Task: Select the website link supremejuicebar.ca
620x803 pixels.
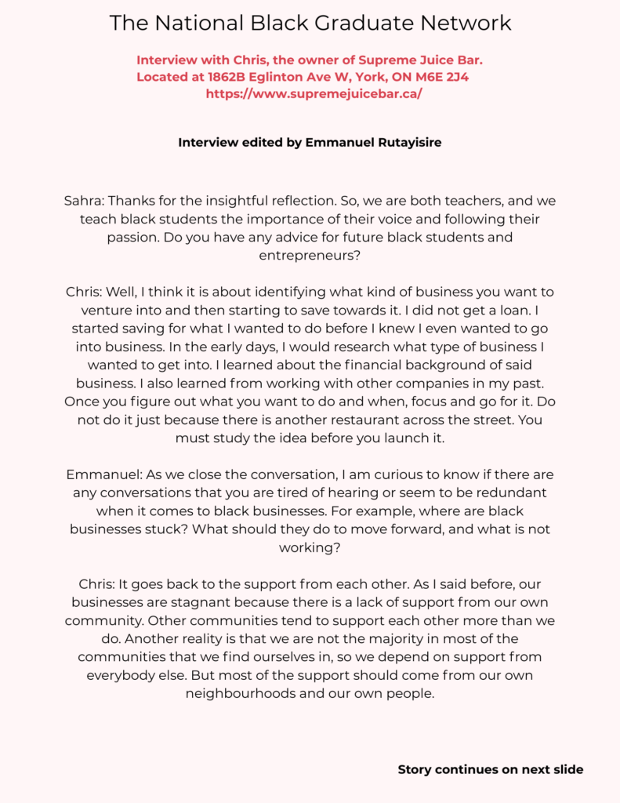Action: pyautogui.click(x=314, y=93)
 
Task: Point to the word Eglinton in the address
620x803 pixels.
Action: pyautogui.click(x=297, y=76)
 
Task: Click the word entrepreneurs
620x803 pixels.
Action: pyautogui.click(x=310, y=255)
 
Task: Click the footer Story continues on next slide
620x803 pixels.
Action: pyautogui.click(x=491, y=769)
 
